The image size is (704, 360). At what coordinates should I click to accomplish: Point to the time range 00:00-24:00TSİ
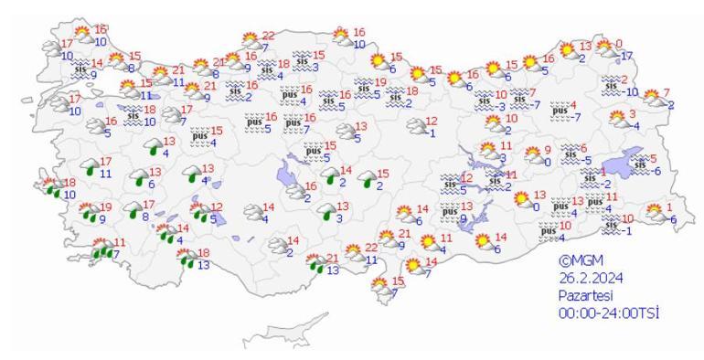[610, 312]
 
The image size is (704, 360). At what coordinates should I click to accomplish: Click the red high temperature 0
[619, 43]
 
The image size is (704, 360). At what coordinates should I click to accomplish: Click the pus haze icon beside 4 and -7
[559, 111]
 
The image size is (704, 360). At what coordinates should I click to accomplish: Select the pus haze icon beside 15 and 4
[199, 137]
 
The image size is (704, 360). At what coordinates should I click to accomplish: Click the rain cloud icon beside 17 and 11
[89, 167]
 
